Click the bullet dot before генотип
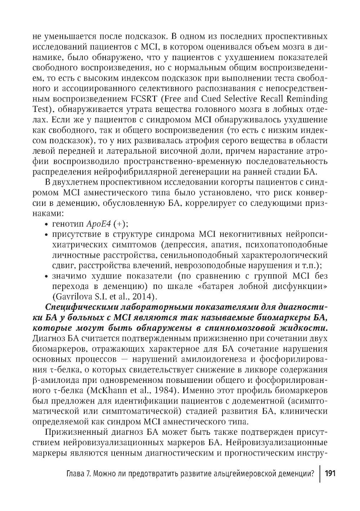46,224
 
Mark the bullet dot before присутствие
46,235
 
